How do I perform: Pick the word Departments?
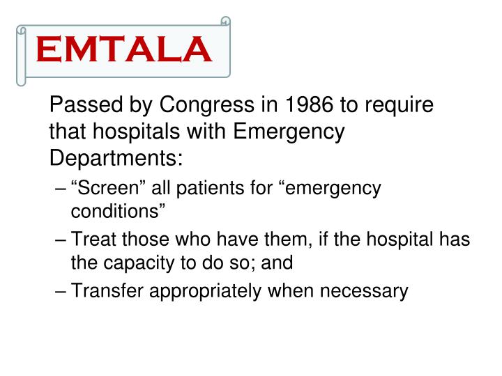click(x=115, y=158)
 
